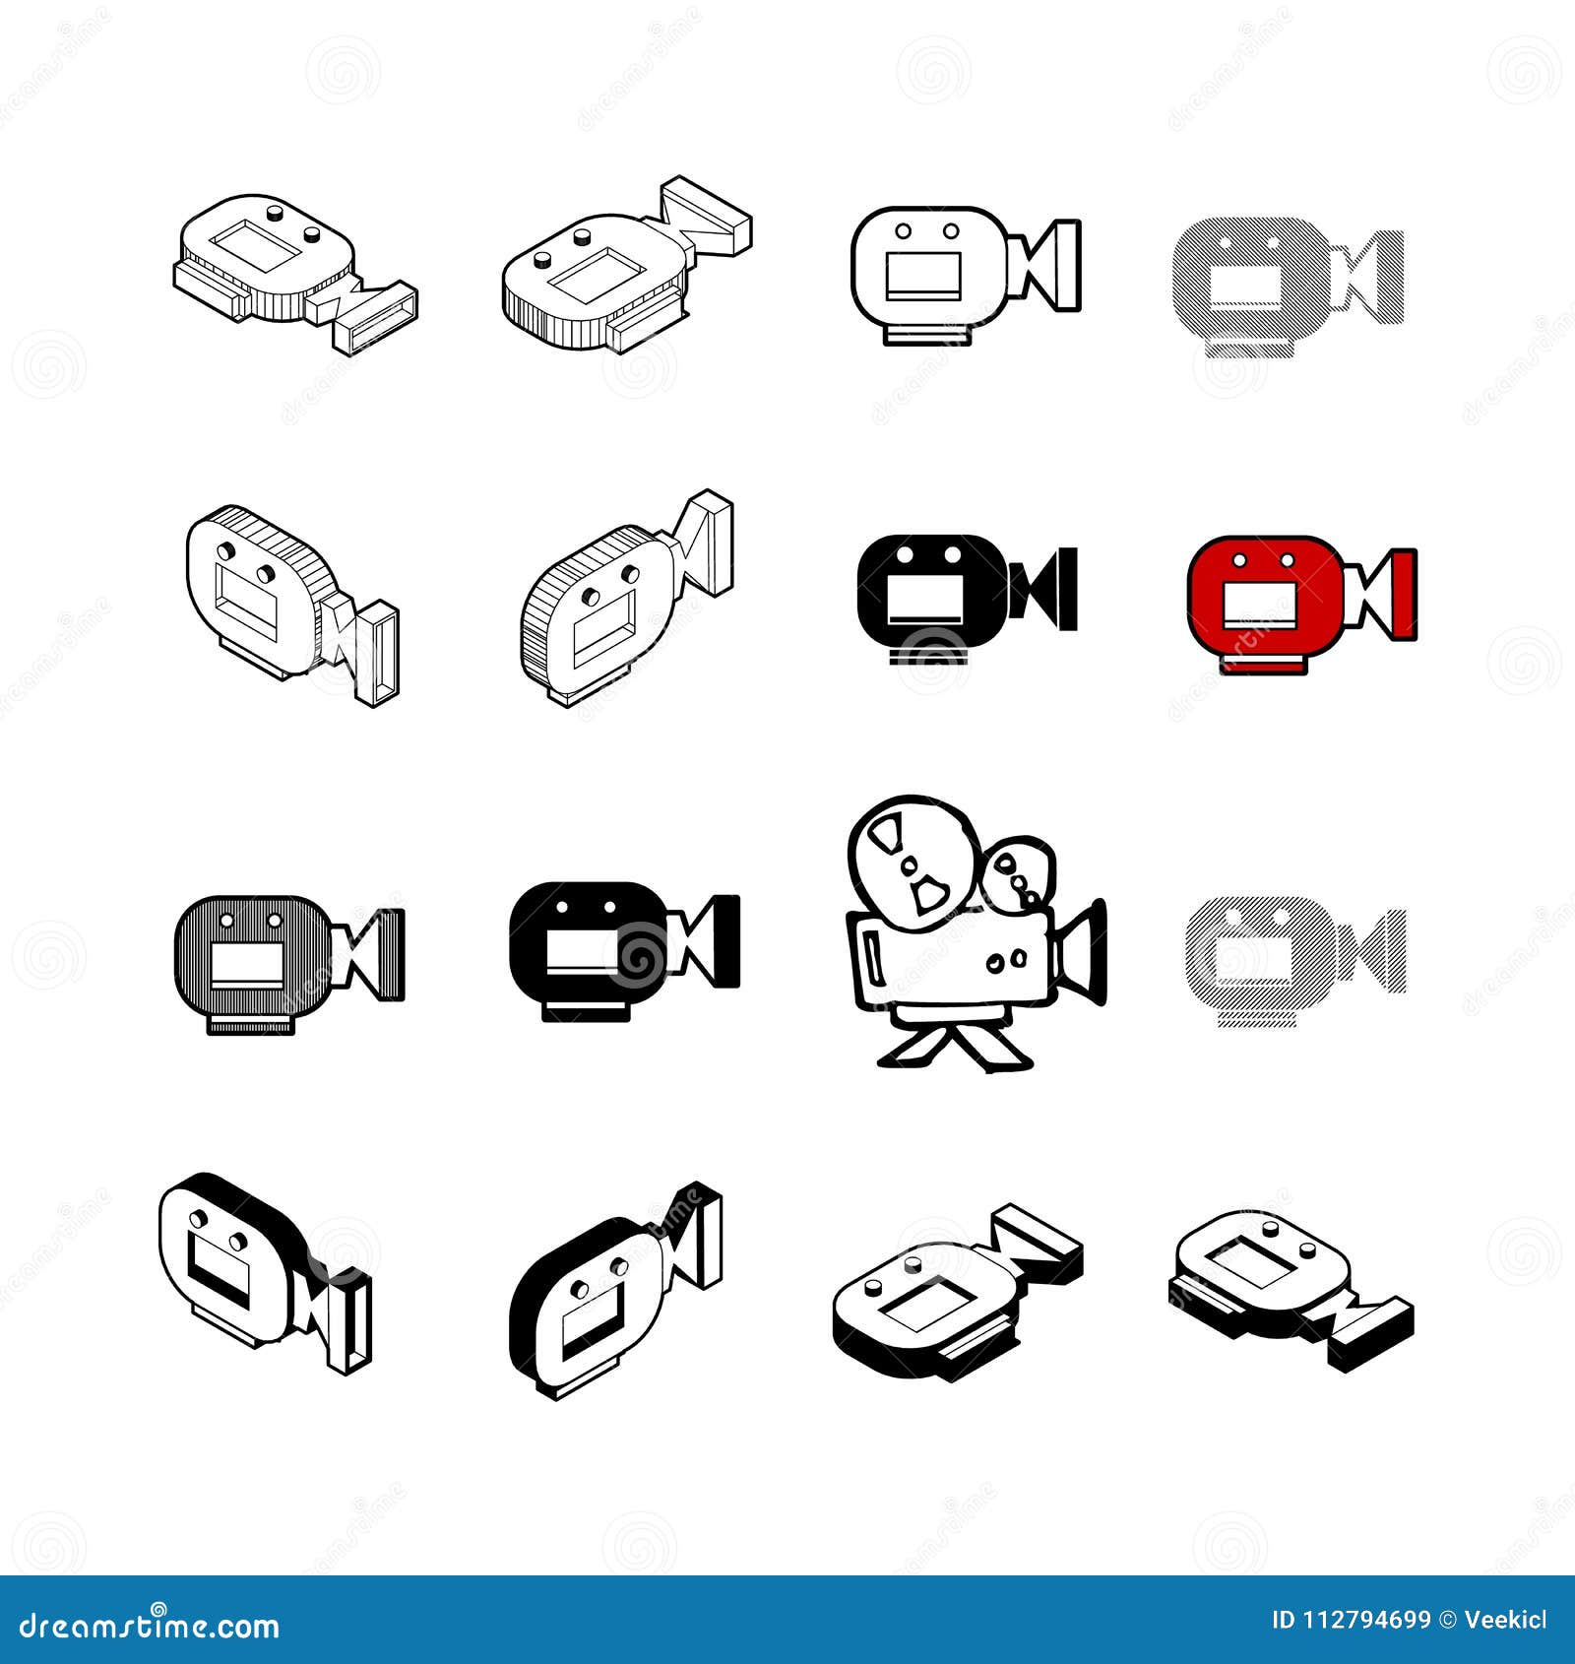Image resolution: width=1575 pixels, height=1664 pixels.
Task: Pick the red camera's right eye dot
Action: click(1288, 559)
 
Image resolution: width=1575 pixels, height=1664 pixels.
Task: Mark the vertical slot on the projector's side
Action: click(872, 954)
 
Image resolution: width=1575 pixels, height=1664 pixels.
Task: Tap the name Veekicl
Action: click(1506, 1620)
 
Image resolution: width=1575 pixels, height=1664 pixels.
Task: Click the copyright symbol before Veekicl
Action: click(1447, 1620)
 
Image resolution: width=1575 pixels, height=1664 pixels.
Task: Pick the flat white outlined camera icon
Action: click(965, 274)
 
